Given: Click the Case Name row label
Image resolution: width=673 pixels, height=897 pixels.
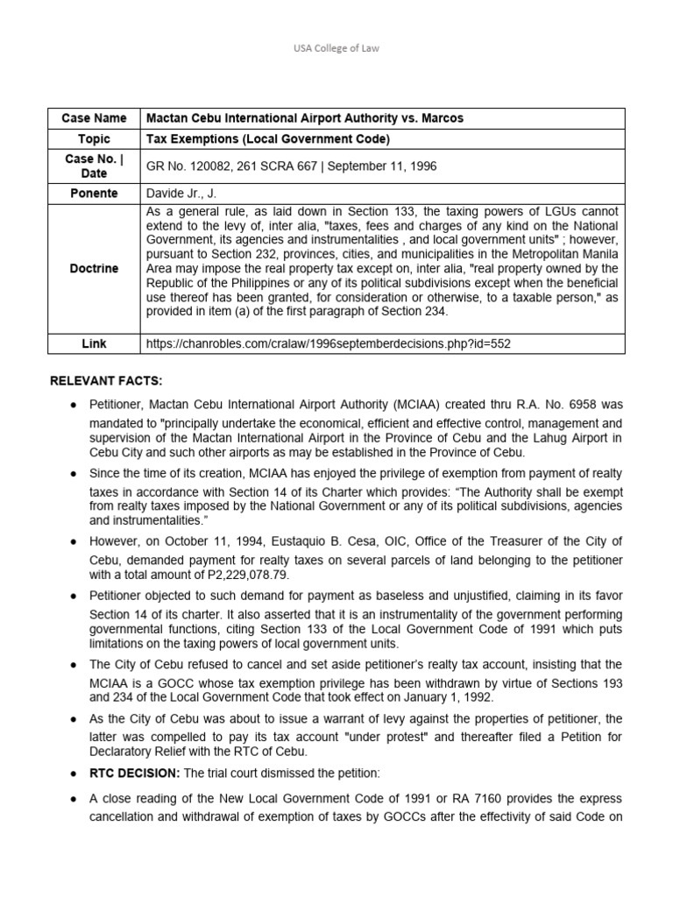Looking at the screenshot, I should (x=94, y=118).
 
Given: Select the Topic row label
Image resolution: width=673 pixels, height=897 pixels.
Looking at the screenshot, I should (x=94, y=139).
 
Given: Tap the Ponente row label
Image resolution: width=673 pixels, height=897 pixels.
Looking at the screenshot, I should (x=94, y=192).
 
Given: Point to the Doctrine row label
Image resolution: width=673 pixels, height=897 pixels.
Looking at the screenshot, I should (x=94, y=268).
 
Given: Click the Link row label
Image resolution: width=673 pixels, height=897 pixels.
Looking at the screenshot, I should (x=94, y=343).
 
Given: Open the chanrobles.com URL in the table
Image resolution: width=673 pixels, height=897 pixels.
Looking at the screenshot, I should (x=328, y=343).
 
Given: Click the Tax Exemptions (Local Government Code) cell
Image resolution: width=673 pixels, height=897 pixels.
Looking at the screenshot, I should (x=255, y=139).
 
